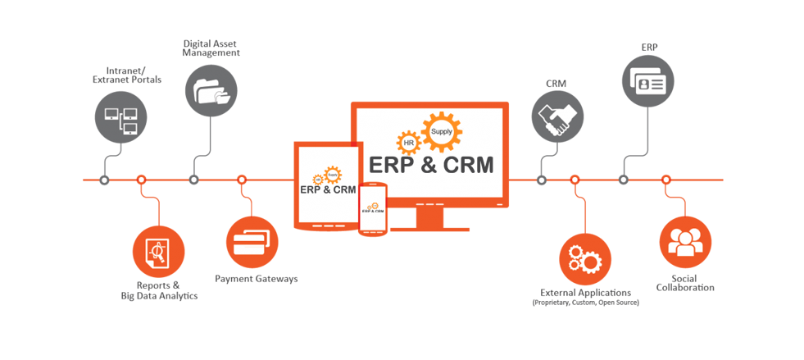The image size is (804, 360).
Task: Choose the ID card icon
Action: coord(647,82)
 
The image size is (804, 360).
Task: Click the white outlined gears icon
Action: coord(584,258)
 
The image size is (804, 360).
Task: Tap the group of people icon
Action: coord(685,241)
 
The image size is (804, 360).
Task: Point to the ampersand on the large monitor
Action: coord(427,165)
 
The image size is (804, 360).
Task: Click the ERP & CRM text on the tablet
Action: coord(328,190)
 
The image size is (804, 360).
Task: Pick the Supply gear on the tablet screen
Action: coord(333,174)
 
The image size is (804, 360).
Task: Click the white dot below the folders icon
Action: coord(193,178)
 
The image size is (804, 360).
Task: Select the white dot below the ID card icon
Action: coord(623,178)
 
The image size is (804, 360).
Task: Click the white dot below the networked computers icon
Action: coord(103,178)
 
